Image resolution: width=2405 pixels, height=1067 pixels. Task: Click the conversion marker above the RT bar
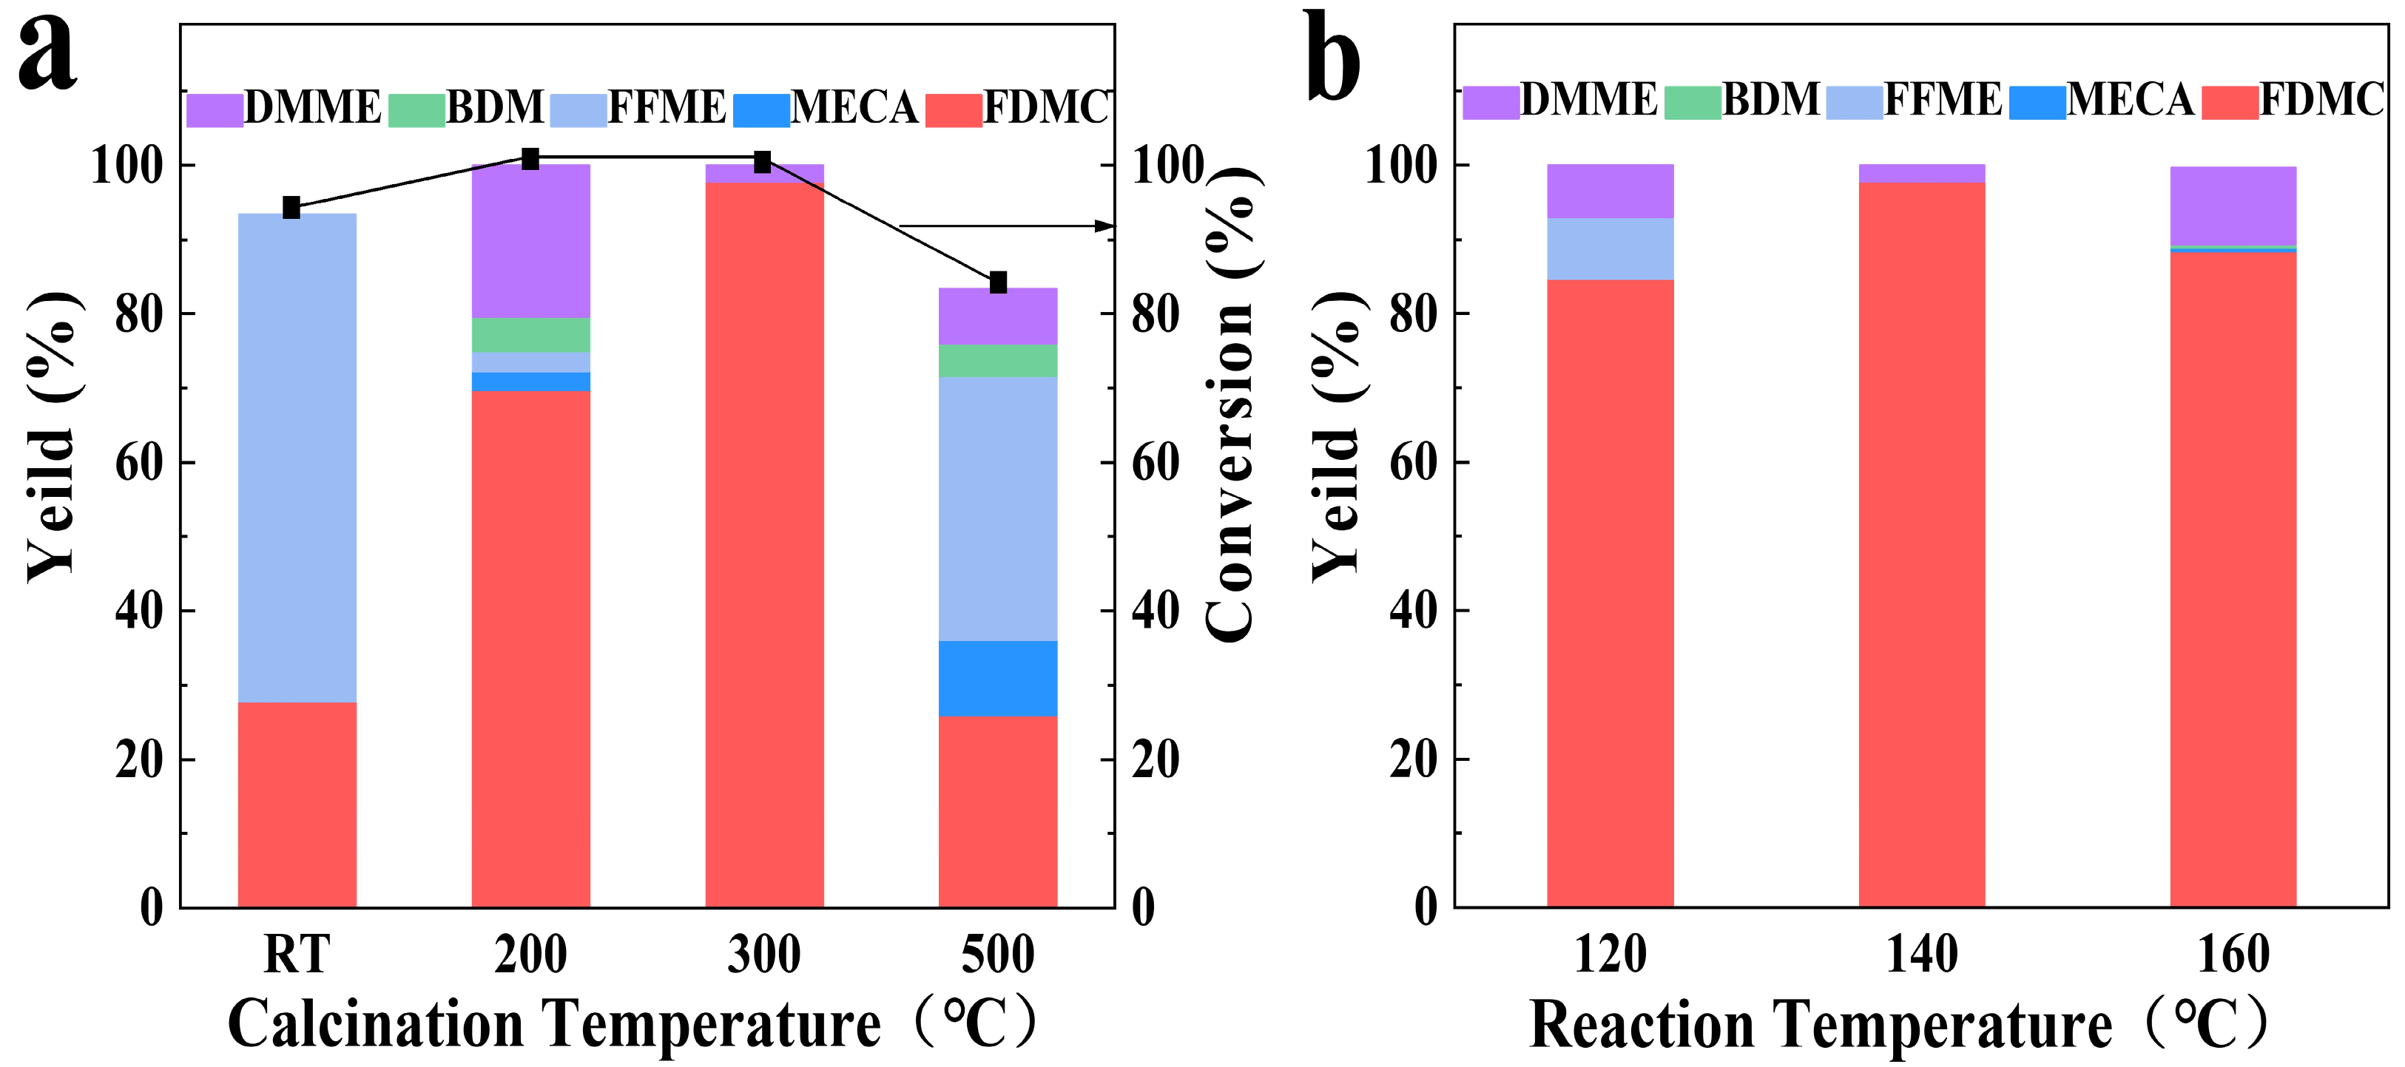click(x=291, y=207)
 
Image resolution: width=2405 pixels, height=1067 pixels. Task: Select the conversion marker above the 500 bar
click(x=998, y=282)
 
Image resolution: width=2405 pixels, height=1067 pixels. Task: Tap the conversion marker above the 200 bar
click(x=530, y=159)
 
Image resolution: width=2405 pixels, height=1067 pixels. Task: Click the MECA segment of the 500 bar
click(x=998, y=679)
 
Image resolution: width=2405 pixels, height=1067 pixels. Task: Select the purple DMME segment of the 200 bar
click(x=530, y=241)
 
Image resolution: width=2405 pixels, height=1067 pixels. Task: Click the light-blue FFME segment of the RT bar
click(x=297, y=458)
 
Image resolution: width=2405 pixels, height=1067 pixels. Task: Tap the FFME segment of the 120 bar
click(x=1610, y=249)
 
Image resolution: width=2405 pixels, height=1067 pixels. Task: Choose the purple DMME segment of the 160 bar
click(x=2233, y=206)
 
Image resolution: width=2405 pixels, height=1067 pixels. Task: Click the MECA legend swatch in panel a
click(x=761, y=110)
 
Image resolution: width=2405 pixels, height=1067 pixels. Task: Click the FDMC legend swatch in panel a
click(x=954, y=110)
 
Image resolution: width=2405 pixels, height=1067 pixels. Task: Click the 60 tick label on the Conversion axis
click(x=1156, y=463)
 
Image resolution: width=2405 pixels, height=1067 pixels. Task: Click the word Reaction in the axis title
click(x=1642, y=1025)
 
